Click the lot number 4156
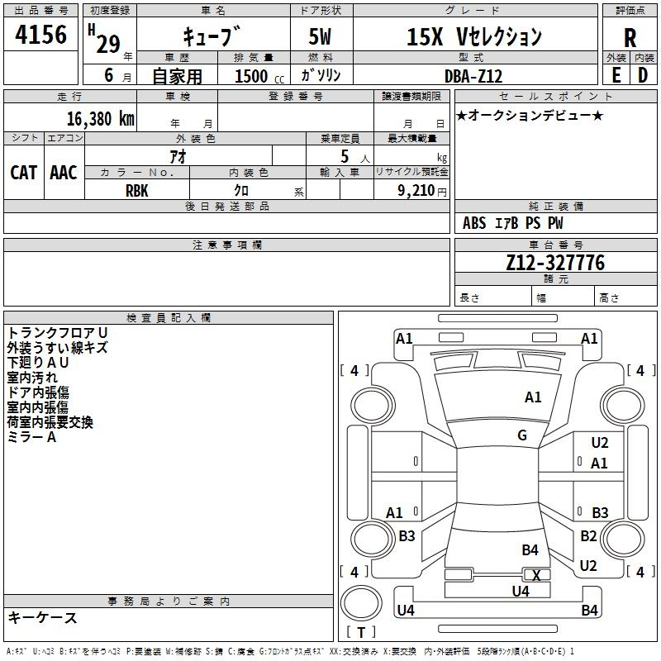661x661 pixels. (40, 35)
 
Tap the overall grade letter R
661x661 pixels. (630, 38)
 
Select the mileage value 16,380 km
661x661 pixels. (100, 119)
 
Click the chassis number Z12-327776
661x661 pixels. (555, 262)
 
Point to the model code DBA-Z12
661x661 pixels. (473, 76)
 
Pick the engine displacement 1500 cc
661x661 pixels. (259, 76)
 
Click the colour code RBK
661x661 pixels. (136, 191)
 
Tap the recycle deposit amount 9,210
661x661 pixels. (416, 191)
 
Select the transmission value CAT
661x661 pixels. (24, 173)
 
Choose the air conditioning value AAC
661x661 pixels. (64, 173)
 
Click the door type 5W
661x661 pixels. (321, 36)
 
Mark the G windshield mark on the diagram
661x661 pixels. (522, 435)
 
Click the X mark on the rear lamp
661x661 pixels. (536, 575)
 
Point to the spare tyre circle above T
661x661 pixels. (361, 603)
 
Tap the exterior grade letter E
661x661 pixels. (616, 75)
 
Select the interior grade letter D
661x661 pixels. (643, 75)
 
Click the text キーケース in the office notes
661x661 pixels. (43, 618)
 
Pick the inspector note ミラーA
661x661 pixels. (31, 437)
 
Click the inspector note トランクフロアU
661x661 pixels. (58, 333)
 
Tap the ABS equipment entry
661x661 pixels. (474, 223)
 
